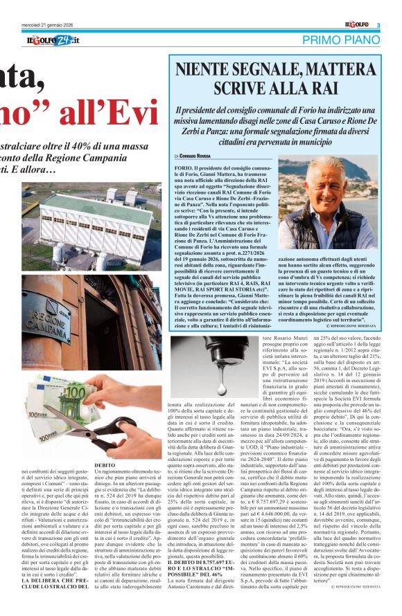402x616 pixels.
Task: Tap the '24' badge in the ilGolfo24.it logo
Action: (61, 41)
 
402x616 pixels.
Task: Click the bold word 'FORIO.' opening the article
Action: (184, 169)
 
